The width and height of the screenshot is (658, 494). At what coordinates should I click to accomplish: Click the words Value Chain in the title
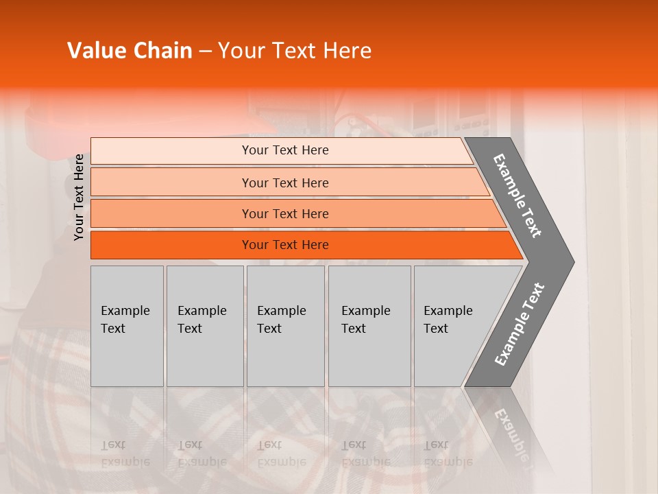click(130, 51)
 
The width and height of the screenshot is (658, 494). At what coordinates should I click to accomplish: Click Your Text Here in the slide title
click(295, 51)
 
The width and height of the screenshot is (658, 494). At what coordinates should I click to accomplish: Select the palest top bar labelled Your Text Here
click(284, 150)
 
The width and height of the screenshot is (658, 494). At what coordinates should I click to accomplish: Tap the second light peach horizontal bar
click(284, 183)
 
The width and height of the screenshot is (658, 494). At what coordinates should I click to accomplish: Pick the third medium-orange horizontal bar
click(284, 213)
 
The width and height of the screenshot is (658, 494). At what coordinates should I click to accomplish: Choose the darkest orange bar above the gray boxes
click(284, 245)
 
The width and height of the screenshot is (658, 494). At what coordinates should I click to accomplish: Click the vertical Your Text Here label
click(79, 197)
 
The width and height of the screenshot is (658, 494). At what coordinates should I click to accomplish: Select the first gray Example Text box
click(127, 325)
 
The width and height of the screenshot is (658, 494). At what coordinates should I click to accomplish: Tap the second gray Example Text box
click(204, 325)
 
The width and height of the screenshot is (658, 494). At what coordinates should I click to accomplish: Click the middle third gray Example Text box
click(285, 325)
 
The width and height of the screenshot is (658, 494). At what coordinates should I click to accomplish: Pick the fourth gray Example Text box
click(369, 325)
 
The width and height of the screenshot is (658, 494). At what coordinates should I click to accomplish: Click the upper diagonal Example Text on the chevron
click(517, 196)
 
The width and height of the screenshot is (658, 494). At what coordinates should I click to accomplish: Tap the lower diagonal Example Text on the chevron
click(519, 325)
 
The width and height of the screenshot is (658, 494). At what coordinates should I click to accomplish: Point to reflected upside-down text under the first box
click(125, 453)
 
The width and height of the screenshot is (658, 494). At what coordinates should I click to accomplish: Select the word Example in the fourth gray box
click(365, 311)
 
